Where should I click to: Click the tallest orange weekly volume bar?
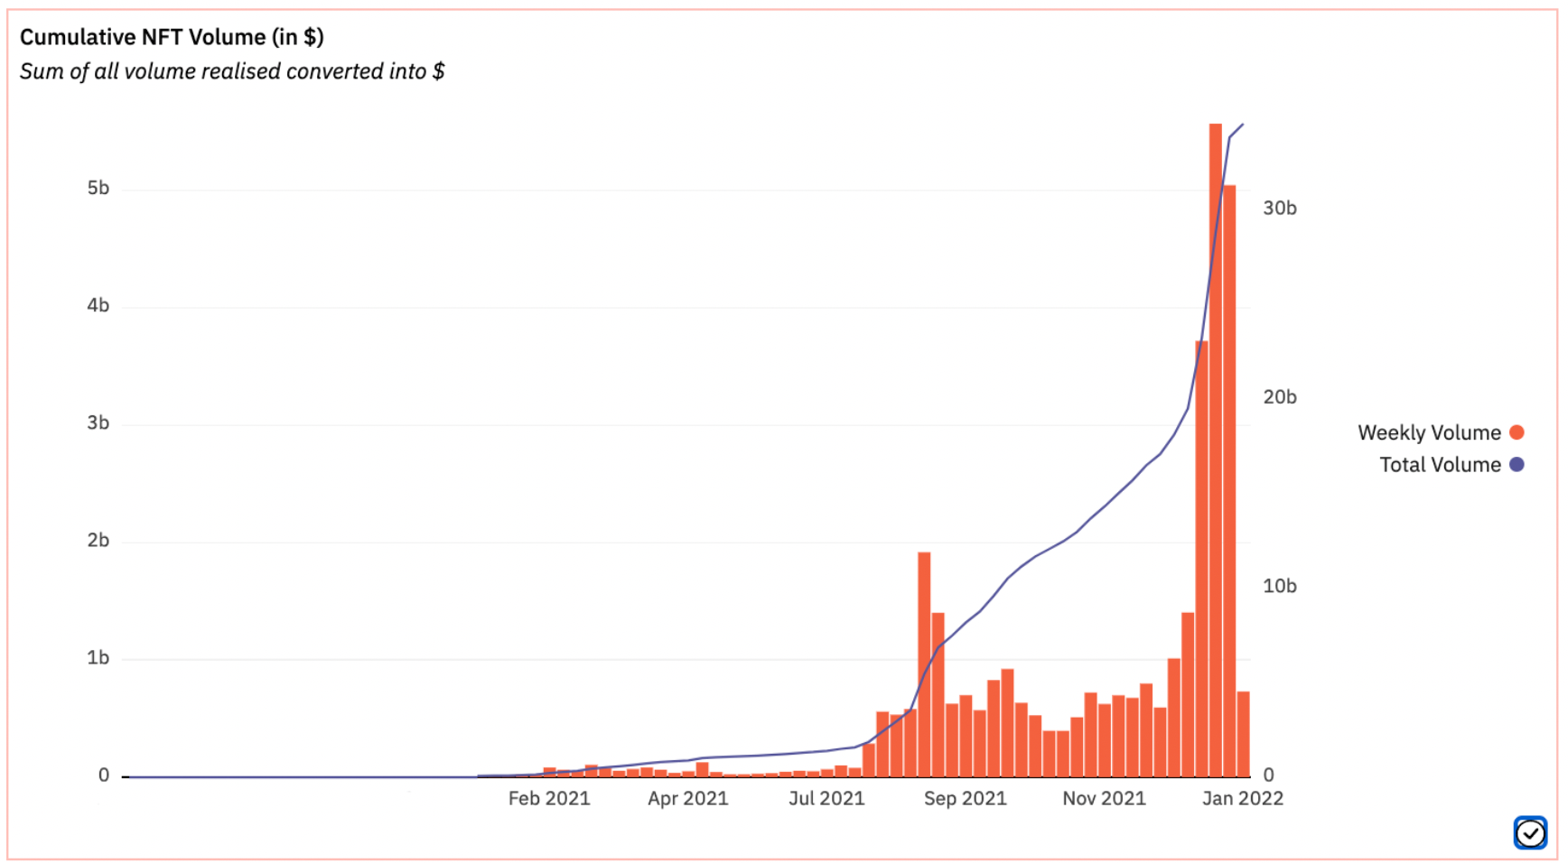[1215, 451]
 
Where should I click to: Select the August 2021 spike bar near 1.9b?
[924, 663]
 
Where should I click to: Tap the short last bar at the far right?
[1244, 733]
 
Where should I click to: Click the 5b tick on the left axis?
[98, 189]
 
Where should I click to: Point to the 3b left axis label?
[98, 423]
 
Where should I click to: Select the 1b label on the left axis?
[98, 658]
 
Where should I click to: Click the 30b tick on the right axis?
[1279, 209]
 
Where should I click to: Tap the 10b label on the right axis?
[1279, 587]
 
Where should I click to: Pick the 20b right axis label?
[1279, 397]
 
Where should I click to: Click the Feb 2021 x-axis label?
[549, 799]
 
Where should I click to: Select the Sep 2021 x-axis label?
[965, 799]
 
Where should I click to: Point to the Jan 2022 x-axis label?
[1243, 799]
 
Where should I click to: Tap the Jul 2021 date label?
[826, 799]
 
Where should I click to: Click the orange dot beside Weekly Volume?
[1517, 432]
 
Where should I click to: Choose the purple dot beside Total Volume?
[1517, 465]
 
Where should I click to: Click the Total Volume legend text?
[1440, 465]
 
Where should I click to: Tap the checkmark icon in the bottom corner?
[1530, 833]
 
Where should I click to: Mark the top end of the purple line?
[1243, 125]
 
